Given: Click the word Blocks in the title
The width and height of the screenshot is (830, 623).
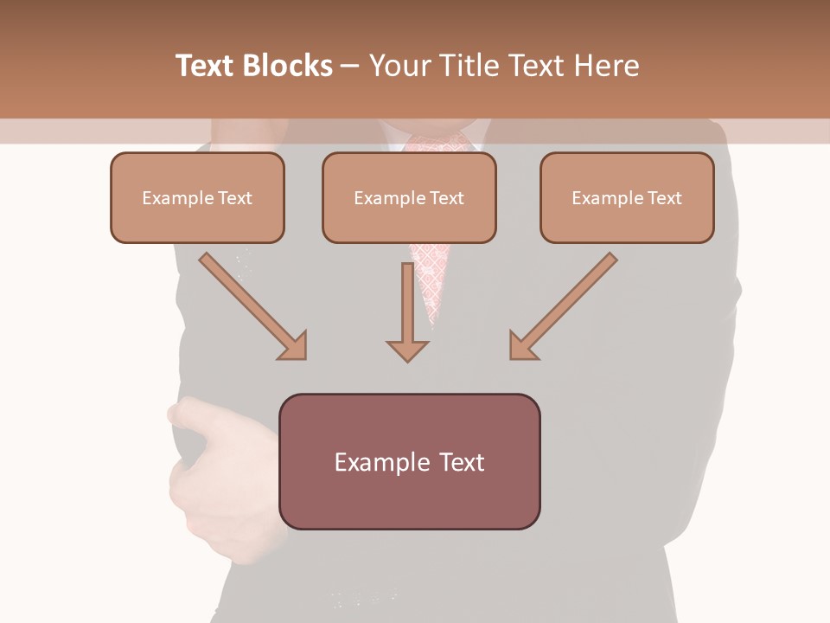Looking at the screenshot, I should tap(289, 66).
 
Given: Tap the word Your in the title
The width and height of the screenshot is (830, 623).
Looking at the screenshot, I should tap(399, 66).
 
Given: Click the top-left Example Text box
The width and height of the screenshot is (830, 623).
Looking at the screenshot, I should tap(197, 198).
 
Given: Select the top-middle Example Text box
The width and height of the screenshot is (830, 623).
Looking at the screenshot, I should tap(409, 198).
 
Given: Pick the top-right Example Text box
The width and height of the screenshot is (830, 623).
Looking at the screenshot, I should tap(627, 198).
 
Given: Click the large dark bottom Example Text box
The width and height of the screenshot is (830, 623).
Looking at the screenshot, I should tap(409, 462).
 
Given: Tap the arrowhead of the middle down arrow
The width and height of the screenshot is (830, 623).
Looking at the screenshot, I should tap(407, 350).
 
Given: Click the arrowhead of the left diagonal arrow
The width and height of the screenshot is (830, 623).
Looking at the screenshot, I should tap(294, 345).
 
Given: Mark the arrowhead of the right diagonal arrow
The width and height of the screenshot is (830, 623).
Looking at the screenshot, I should tap(522, 345).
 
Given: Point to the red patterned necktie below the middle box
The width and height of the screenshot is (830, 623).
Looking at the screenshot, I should tap(430, 277).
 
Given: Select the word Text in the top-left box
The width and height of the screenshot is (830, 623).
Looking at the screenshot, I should tap(235, 198).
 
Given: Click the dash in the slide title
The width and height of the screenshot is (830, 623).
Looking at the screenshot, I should tap(350, 66).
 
